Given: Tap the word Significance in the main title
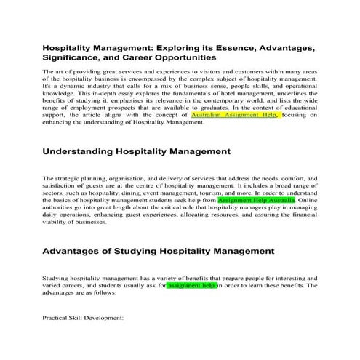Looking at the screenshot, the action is [x=78, y=57].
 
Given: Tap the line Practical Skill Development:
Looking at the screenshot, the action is [x=84, y=318].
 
